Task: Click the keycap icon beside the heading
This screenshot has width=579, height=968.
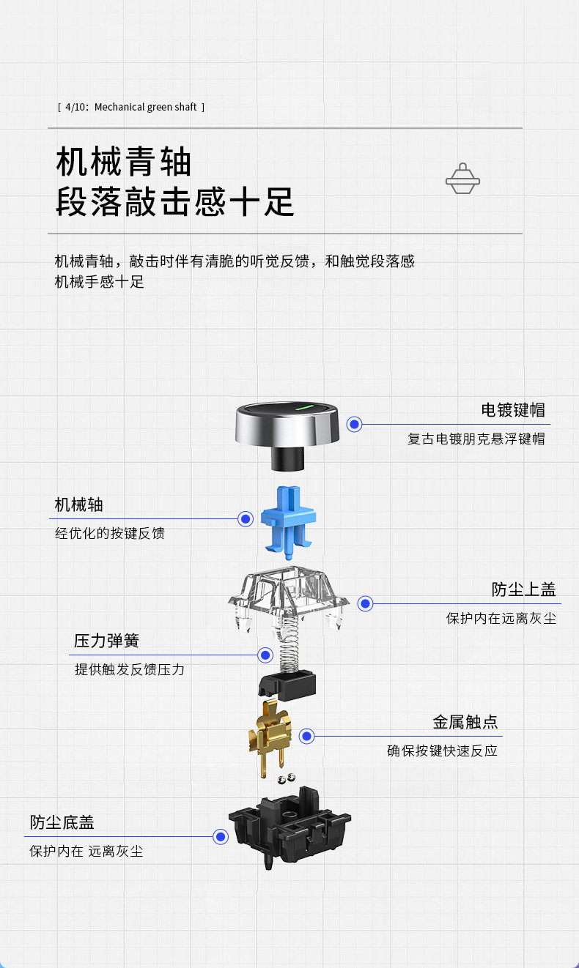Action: tap(462, 179)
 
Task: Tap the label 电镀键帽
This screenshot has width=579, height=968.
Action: tap(513, 409)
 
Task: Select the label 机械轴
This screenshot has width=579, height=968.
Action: tap(79, 505)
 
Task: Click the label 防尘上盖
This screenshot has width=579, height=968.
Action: tap(523, 589)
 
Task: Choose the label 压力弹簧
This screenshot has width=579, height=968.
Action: tap(106, 641)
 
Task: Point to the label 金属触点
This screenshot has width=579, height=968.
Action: tap(465, 722)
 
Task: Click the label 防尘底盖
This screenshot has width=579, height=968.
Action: tap(62, 822)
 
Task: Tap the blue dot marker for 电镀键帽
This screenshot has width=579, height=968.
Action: tap(355, 424)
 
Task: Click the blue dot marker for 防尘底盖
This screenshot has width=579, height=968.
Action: tap(220, 837)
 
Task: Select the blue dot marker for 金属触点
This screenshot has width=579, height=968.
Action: tap(306, 737)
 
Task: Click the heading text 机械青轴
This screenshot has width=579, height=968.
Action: tap(123, 162)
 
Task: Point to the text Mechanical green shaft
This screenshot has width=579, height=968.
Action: tap(146, 107)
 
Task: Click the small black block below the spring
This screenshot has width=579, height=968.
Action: tap(287, 682)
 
